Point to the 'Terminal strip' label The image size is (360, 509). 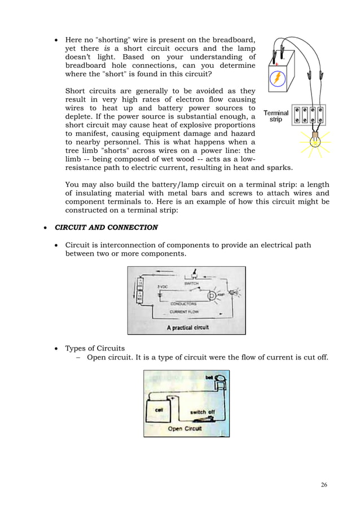[275, 116]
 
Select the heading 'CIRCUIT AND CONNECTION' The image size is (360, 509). [106, 227]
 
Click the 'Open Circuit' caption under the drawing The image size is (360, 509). [187, 429]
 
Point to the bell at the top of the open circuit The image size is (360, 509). [221, 379]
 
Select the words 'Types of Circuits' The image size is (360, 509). [95, 348]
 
